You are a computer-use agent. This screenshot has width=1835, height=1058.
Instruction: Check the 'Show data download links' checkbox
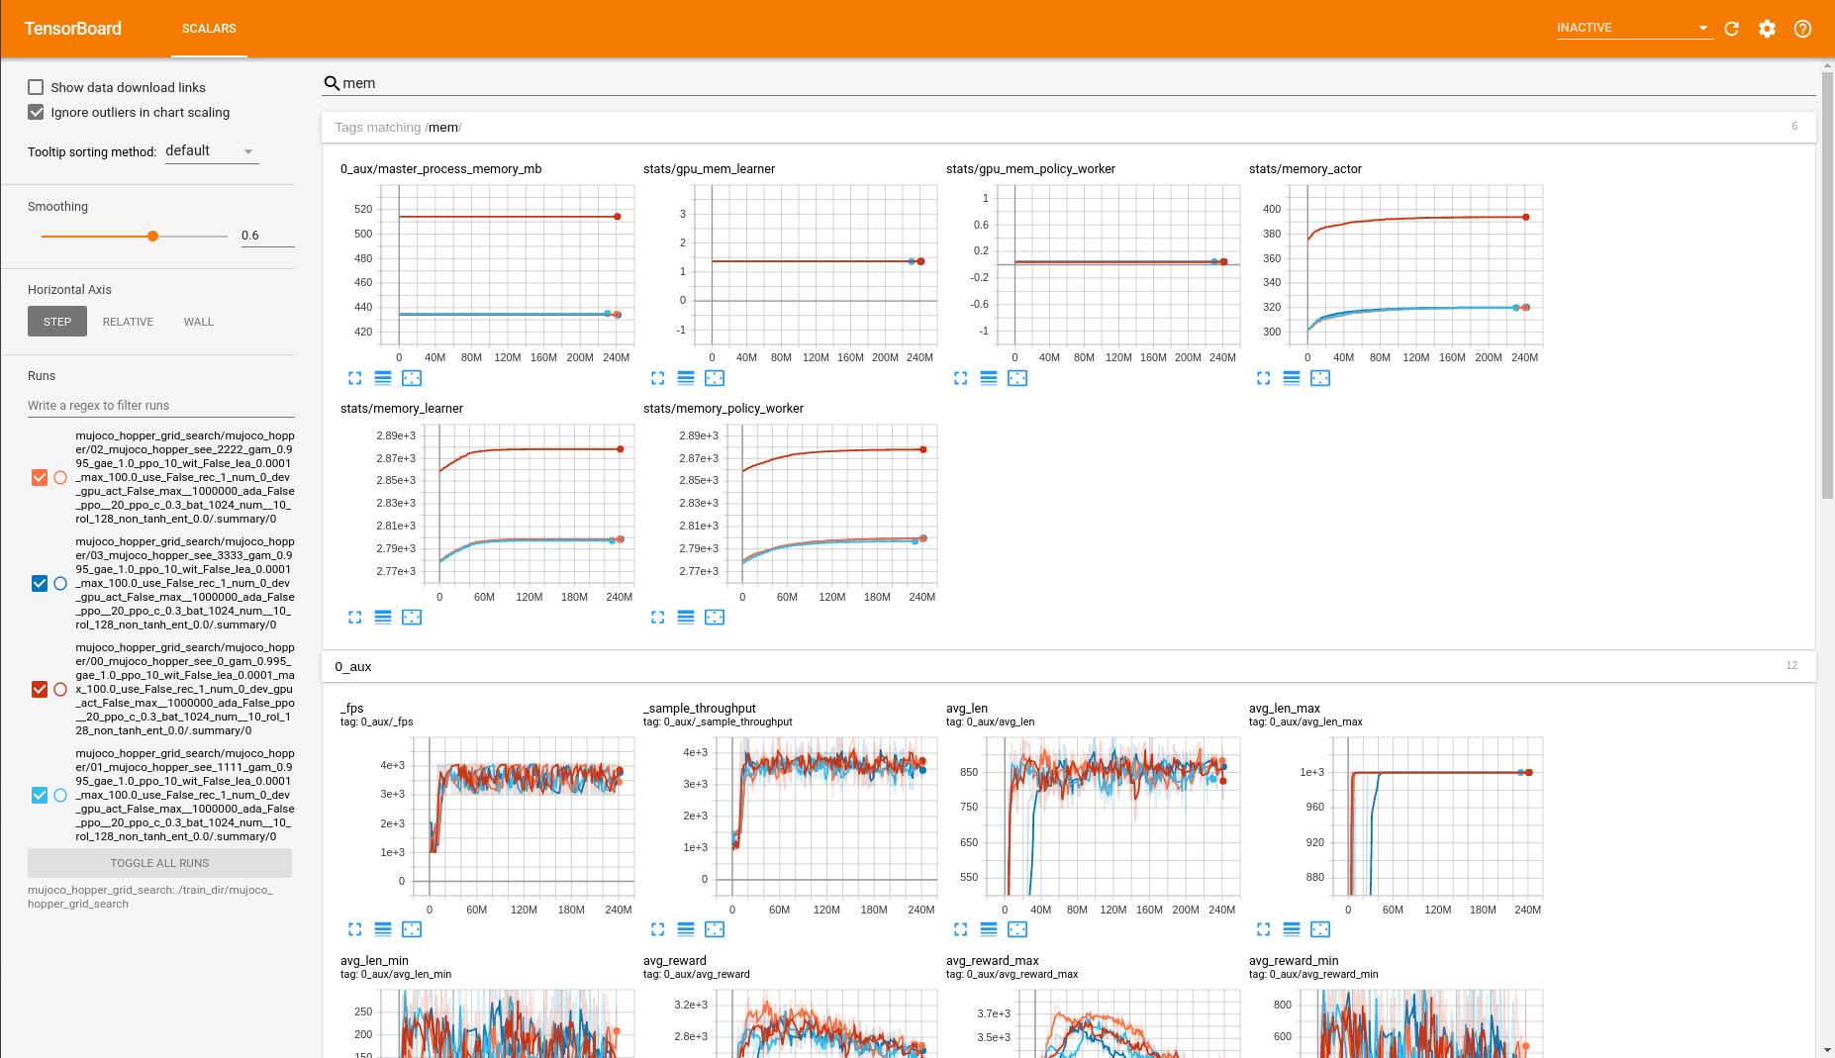[x=36, y=87]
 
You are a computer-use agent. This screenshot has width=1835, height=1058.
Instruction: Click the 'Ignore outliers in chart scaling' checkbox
[x=36, y=112]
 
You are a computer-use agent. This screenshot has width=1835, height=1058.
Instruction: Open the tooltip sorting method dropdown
[x=211, y=151]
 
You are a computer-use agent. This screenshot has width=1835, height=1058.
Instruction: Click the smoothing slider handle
[x=152, y=237]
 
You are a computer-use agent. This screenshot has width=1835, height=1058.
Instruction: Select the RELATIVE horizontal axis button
[x=128, y=322]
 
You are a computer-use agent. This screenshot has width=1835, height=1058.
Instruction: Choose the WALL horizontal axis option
[x=198, y=322]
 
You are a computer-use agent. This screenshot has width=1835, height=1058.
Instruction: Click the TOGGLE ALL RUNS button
[x=159, y=863]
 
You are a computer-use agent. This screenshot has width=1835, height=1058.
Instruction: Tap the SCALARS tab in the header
[x=209, y=29]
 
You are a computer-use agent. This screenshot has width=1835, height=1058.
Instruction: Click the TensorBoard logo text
[x=73, y=29]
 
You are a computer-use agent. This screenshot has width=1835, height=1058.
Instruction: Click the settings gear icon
[x=1767, y=29]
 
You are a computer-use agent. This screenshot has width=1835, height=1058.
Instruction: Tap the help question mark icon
[x=1802, y=29]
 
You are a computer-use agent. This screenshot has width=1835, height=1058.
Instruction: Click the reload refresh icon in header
[x=1731, y=29]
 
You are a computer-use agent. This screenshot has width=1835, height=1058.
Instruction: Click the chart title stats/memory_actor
[x=1304, y=169]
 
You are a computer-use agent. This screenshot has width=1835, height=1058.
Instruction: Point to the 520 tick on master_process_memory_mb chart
[x=363, y=210]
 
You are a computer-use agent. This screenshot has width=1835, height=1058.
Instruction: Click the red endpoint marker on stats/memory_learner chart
[x=621, y=449]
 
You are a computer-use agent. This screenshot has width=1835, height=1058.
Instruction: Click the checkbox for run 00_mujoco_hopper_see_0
[x=40, y=690]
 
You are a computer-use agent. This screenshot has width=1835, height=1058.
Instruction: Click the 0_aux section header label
[x=353, y=667]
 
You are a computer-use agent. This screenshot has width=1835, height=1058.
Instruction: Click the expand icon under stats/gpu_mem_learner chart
[x=657, y=378]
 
